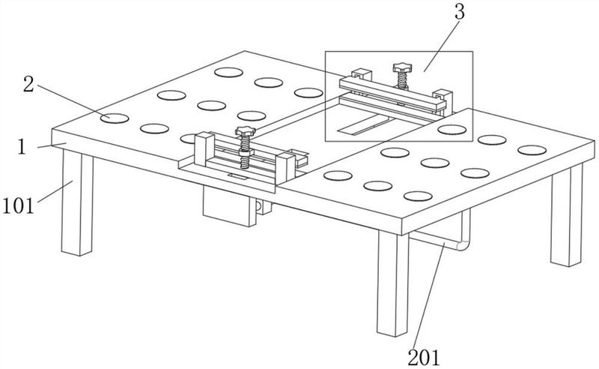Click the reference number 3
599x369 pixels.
(460, 12)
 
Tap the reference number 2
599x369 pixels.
(28, 84)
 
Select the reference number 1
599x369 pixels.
(22, 147)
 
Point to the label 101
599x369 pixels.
(18, 206)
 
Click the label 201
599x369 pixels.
(424, 358)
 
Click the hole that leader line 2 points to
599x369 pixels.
(115, 118)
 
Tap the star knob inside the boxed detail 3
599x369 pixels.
(403, 68)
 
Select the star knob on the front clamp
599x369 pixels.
(246, 131)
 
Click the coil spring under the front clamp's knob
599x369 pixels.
(245, 152)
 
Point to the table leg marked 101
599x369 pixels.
(78, 202)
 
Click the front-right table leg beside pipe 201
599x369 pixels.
(393, 283)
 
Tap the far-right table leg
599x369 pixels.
(567, 215)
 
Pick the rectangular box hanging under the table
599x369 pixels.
(230, 206)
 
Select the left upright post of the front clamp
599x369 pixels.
(204, 149)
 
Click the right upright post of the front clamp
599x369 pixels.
(285, 168)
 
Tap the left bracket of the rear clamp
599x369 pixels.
(362, 75)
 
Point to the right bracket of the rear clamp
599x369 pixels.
(443, 101)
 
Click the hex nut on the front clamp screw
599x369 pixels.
(245, 152)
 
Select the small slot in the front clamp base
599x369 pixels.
(237, 176)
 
